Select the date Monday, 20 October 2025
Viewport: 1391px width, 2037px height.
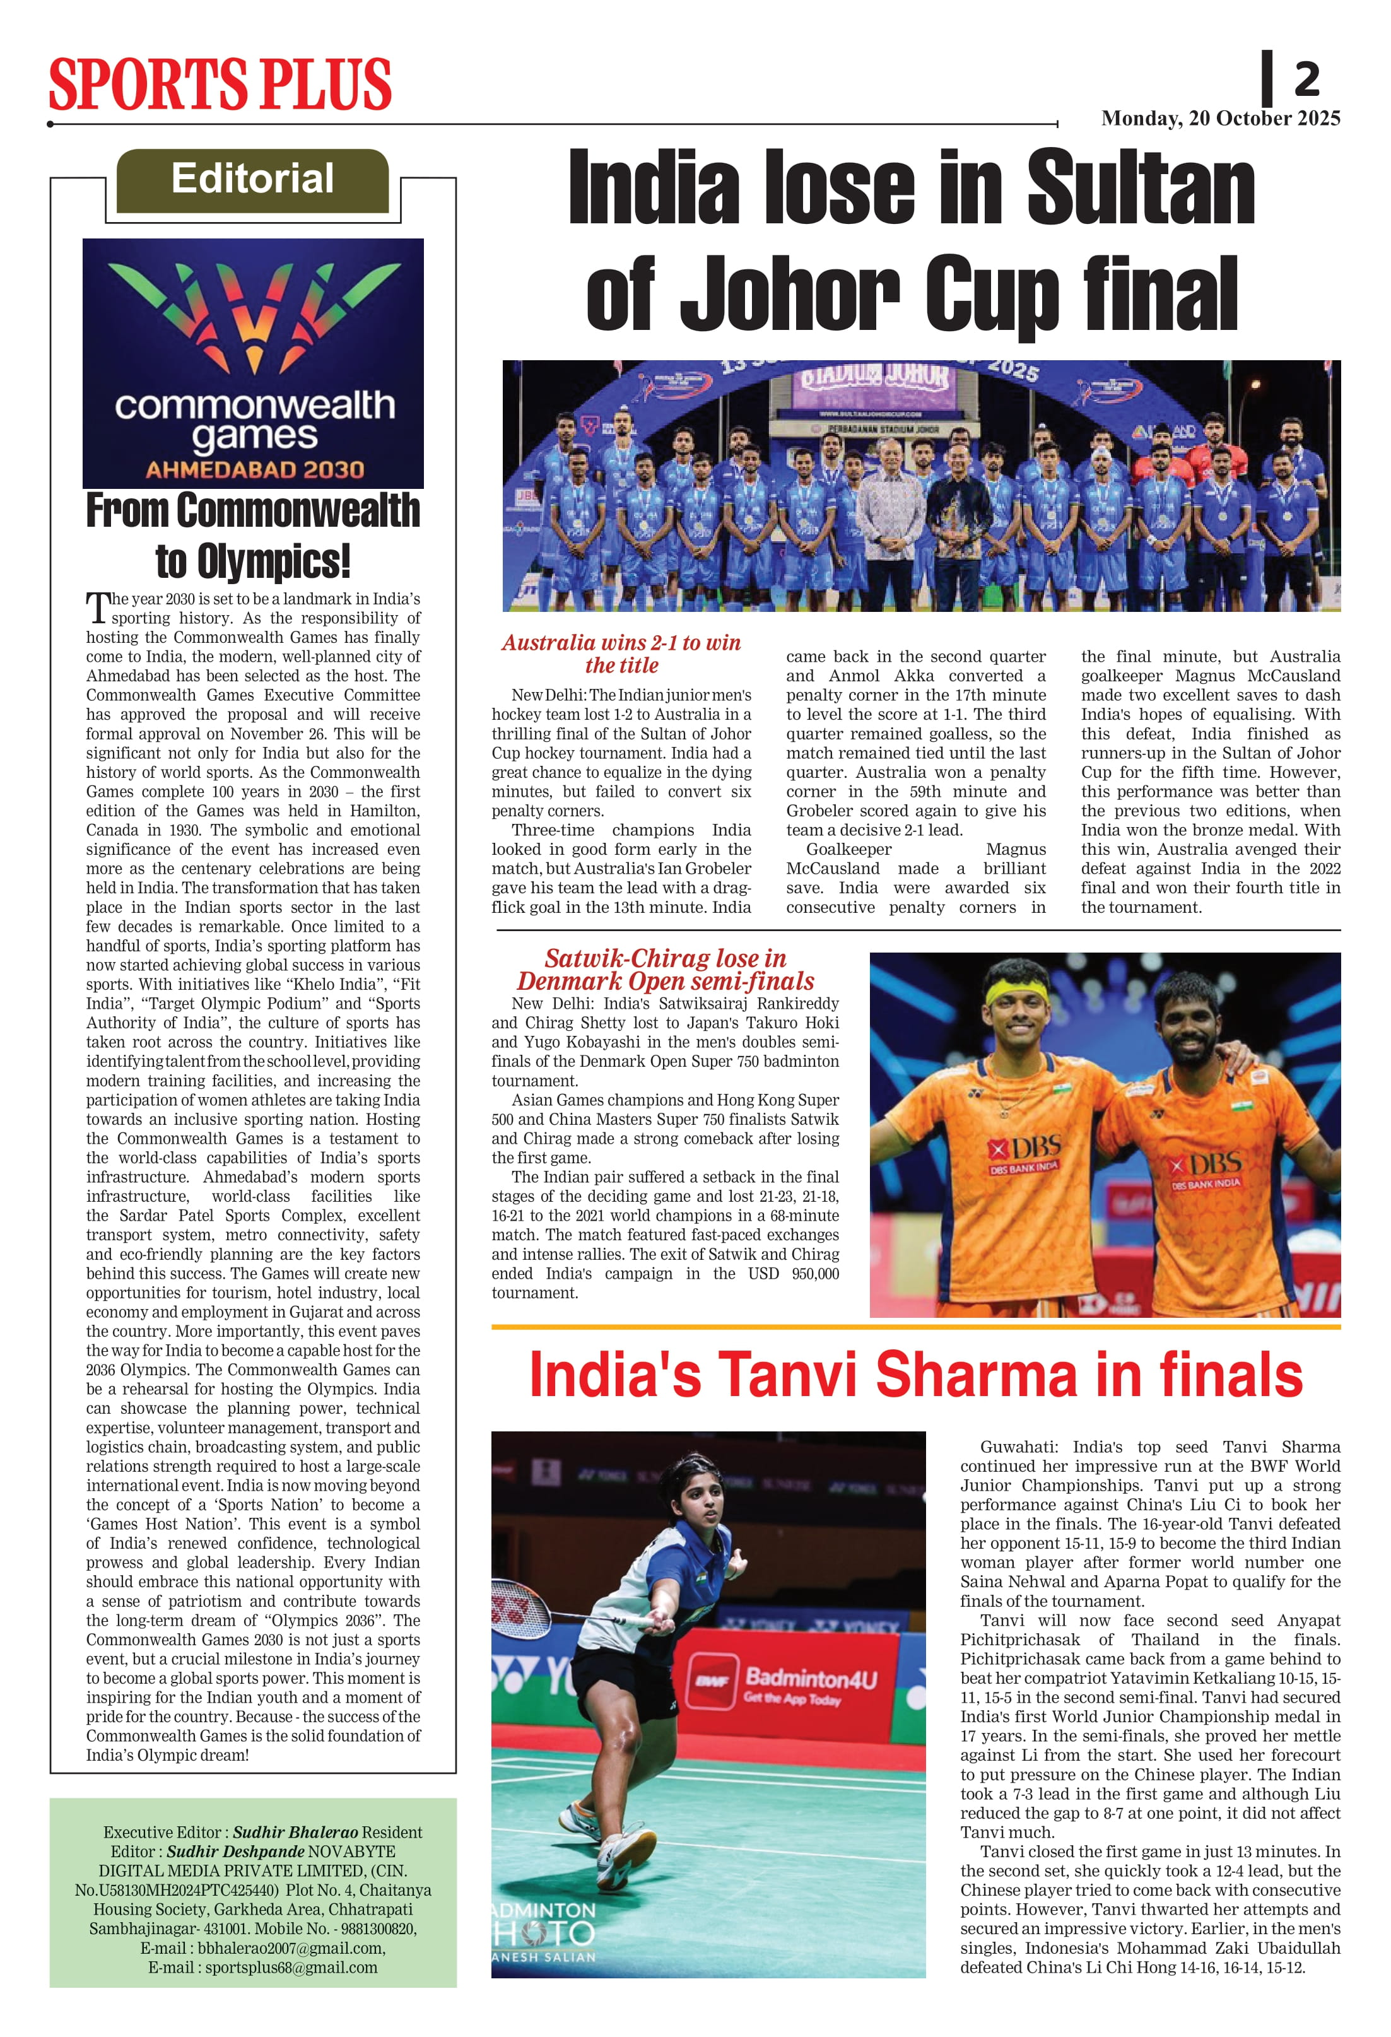coord(1220,119)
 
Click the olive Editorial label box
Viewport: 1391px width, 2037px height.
coord(252,180)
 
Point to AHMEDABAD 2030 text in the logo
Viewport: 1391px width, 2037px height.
coord(254,470)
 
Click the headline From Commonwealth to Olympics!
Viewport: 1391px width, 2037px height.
coord(252,535)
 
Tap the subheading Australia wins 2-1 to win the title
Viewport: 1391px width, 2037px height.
coord(621,654)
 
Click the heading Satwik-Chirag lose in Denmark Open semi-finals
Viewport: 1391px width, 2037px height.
coord(666,970)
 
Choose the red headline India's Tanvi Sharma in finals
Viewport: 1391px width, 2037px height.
coord(915,1375)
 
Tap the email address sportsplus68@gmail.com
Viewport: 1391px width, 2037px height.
coord(291,1967)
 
